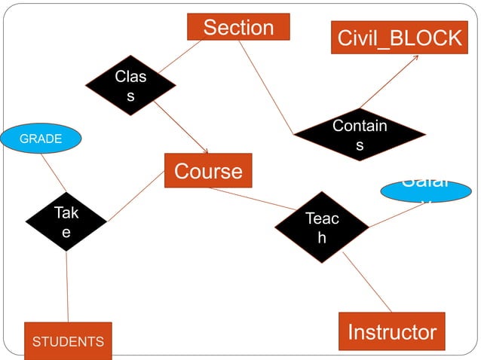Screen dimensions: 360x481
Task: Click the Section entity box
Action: pos(238,28)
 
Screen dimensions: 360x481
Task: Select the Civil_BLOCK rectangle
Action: pos(399,38)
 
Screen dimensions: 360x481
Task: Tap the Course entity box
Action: pos(208,171)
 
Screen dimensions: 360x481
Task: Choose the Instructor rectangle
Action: pos(391,331)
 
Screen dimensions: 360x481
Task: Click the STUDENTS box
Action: pos(68,341)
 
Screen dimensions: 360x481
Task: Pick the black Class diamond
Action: pos(130,85)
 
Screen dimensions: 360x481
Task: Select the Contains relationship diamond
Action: pos(359,135)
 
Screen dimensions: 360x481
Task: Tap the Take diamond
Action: pos(66,221)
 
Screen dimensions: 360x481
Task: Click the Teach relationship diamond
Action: pos(321,227)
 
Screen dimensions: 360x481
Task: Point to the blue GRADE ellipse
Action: pos(41,139)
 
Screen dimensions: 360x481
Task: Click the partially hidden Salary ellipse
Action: pos(426,191)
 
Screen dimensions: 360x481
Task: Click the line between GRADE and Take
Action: pos(54,172)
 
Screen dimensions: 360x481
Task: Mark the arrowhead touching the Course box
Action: pos(205,151)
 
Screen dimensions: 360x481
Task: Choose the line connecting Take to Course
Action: pos(136,196)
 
